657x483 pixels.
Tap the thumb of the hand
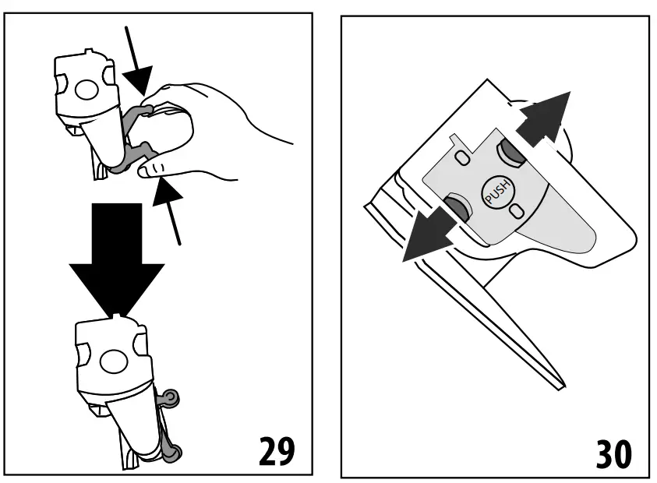(156, 168)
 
